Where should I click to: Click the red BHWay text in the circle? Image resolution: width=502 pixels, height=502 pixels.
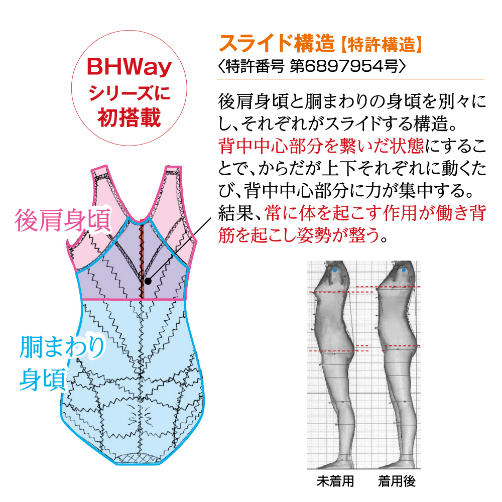point(129,67)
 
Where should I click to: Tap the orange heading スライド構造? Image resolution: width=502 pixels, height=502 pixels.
point(277,43)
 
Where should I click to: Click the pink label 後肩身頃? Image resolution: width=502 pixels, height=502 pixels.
point(63,220)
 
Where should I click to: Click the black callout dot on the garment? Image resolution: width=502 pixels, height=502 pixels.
point(148,281)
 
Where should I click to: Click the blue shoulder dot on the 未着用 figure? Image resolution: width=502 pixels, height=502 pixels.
point(335,270)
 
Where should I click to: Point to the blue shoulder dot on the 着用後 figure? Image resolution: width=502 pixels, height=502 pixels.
point(404,270)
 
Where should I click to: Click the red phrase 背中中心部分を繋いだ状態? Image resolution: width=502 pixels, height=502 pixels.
point(321,146)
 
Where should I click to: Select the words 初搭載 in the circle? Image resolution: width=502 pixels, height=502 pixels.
point(129,118)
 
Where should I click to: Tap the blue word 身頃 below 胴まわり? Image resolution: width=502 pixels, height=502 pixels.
point(43,380)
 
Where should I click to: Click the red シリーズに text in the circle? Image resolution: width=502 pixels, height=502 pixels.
point(129,93)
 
